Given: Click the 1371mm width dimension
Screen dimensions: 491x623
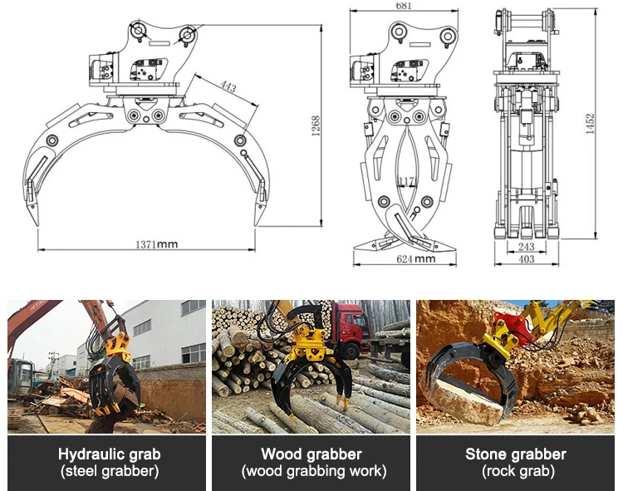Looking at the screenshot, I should [157, 244].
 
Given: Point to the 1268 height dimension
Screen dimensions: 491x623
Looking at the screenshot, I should [316, 125].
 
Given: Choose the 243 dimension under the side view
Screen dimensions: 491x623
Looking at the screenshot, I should [526, 247].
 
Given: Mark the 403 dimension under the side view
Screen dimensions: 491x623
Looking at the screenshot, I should [526, 260].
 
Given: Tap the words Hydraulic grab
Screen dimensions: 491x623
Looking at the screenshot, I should [110, 454].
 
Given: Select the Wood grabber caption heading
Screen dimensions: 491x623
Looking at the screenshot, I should [311, 454].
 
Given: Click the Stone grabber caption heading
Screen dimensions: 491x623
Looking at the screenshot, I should [515, 454].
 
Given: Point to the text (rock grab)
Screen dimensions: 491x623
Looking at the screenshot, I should [515, 471].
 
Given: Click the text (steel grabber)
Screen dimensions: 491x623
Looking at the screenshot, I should [110, 471].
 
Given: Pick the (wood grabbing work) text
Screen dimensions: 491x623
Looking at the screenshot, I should [311, 471].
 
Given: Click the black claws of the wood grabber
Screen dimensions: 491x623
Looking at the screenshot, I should [314, 386].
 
